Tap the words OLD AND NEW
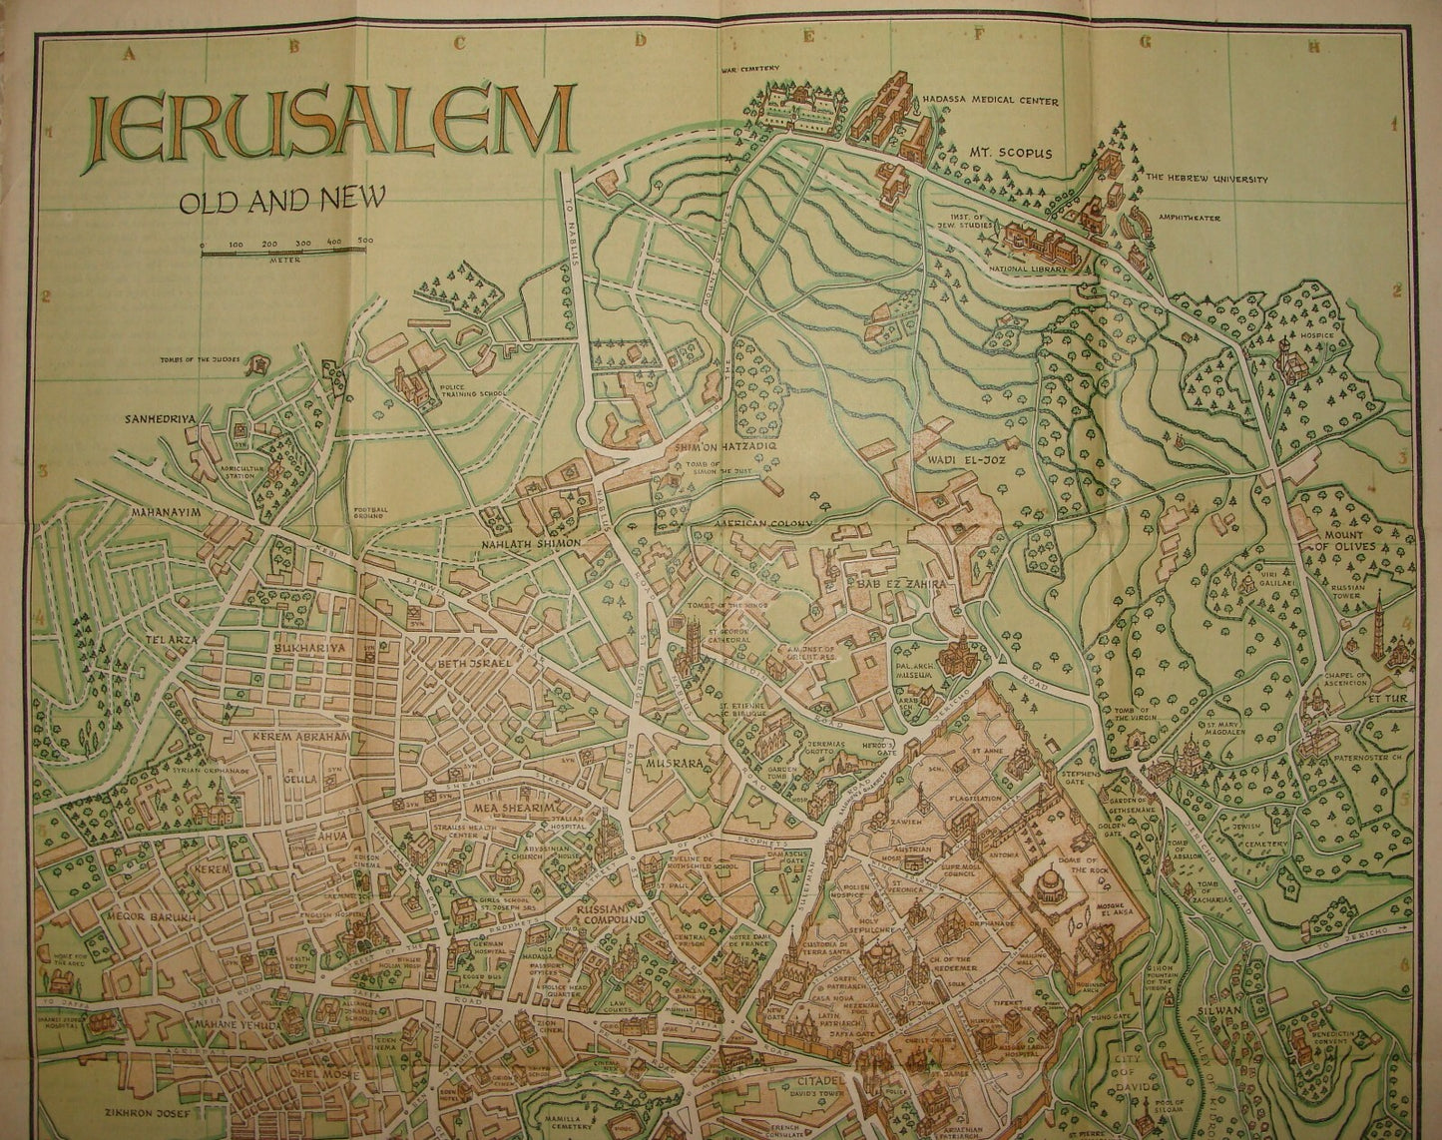point(281,201)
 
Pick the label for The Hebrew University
point(1205,180)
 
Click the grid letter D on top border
point(644,42)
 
